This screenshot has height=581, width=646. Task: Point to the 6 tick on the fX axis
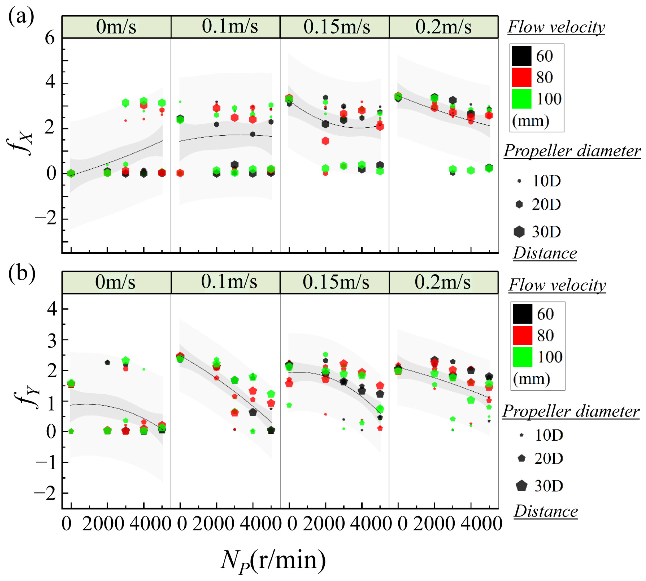pyautogui.click(x=50, y=39)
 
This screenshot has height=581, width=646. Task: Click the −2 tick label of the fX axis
pyautogui.click(x=46, y=219)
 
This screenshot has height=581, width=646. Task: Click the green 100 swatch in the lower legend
pyautogui.click(x=522, y=357)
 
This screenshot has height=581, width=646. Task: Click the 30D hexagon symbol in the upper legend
pyautogui.click(x=519, y=231)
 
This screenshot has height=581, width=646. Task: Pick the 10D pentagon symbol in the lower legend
pyautogui.click(x=522, y=435)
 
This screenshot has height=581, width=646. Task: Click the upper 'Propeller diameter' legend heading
pyautogui.click(x=572, y=151)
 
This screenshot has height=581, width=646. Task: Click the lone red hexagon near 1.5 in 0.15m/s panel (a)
pyautogui.click(x=325, y=141)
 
